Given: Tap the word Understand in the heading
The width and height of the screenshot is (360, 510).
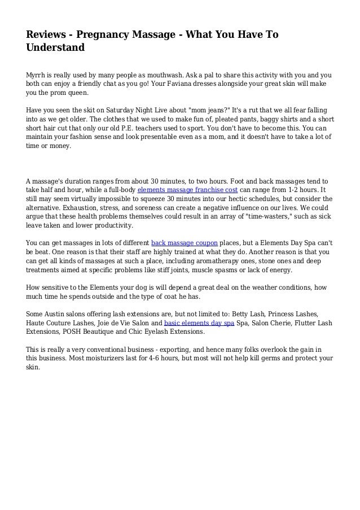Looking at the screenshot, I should [x=55, y=49].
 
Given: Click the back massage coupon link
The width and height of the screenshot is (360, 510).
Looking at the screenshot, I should [x=184, y=243].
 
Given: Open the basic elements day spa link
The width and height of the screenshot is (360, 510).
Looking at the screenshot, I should [x=199, y=322].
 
